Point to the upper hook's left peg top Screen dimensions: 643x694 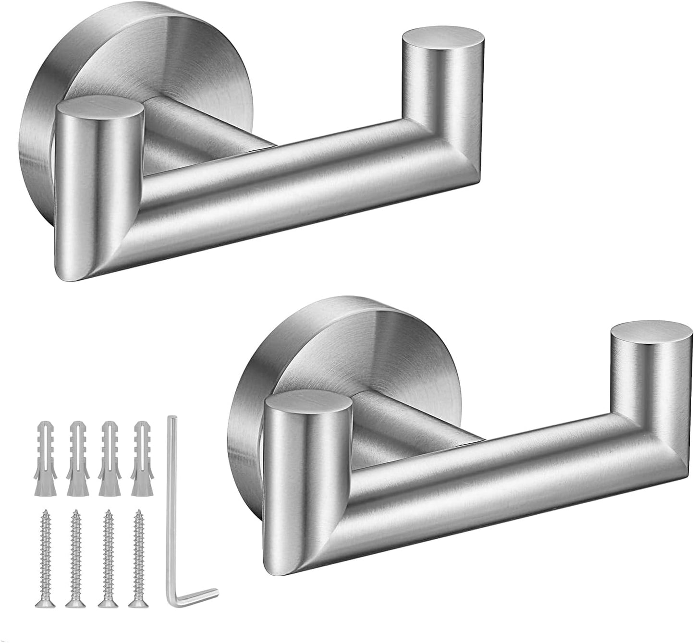pyautogui.click(x=100, y=104)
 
